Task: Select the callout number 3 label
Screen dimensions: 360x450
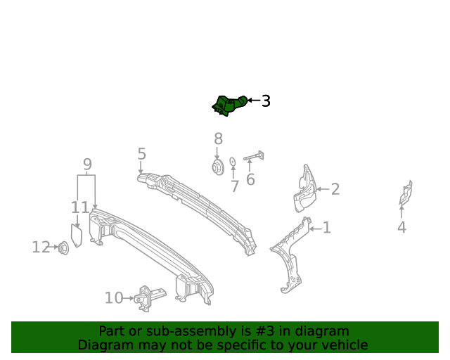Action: (x=266, y=101)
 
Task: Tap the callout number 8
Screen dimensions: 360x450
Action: (x=218, y=139)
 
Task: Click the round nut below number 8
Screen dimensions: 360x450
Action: (x=217, y=167)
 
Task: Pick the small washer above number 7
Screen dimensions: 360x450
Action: (x=233, y=163)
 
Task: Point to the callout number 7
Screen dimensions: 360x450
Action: (x=235, y=186)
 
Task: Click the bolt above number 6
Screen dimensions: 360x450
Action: (x=255, y=157)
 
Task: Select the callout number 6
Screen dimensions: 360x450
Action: (x=250, y=180)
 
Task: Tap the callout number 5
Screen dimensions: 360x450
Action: (x=141, y=153)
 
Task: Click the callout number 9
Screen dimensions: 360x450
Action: (x=87, y=165)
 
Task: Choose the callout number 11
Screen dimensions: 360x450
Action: (x=80, y=207)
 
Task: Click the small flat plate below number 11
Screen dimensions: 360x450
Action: (x=77, y=235)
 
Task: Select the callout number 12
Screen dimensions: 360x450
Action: (x=41, y=247)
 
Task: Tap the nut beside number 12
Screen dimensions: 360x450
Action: (x=63, y=247)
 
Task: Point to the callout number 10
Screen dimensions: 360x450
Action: (x=114, y=298)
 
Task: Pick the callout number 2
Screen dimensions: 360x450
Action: (x=335, y=188)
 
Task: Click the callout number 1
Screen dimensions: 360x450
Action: (x=326, y=227)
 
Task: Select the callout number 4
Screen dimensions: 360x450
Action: (x=401, y=227)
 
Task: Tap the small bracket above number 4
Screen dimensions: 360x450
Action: (x=405, y=194)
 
